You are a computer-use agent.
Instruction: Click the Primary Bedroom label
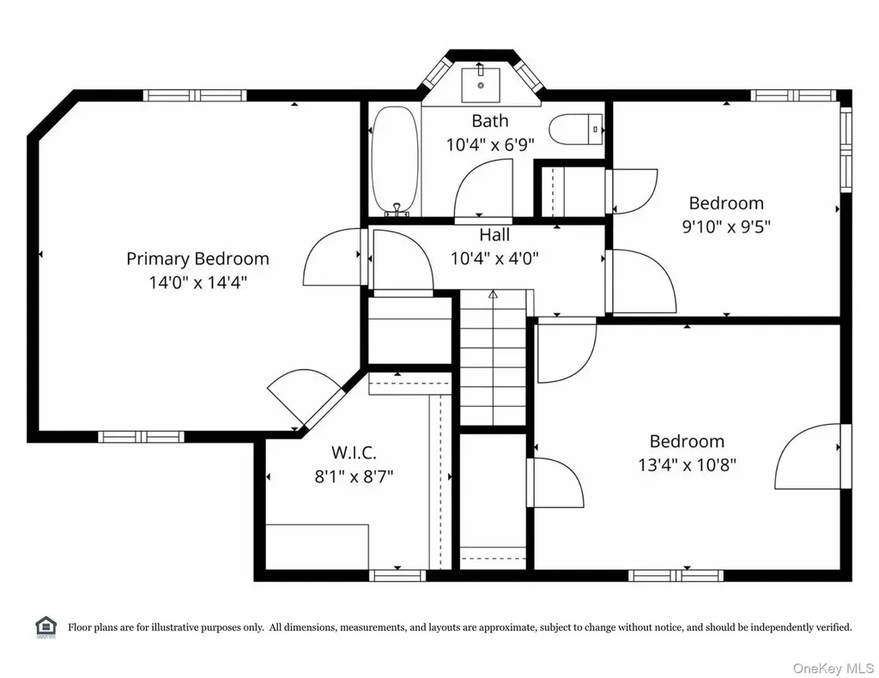(197, 259)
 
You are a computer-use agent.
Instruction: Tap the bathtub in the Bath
(395, 160)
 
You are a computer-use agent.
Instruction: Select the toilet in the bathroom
(576, 130)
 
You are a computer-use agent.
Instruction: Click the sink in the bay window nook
(481, 85)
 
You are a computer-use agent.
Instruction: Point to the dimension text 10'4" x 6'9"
(490, 144)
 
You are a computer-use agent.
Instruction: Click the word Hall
(494, 234)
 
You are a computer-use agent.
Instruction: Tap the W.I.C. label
(354, 452)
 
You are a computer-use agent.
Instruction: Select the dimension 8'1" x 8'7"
(354, 476)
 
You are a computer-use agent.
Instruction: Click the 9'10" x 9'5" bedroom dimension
(726, 227)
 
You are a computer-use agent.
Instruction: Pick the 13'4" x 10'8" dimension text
(687, 465)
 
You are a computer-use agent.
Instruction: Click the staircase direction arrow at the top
(493, 294)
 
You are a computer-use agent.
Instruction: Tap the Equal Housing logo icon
(46, 627)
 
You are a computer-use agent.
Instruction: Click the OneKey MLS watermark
(833, 668)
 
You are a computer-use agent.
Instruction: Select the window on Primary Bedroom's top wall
(195, 95)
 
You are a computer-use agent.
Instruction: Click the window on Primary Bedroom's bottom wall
(141, 437)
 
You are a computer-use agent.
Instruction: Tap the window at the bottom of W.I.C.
(397, 576)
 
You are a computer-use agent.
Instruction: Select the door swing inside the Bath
(482, 189)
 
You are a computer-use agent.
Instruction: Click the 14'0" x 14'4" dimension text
(197, 282)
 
